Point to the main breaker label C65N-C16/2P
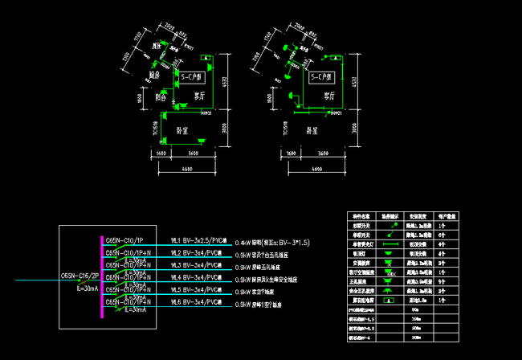pos(80,278)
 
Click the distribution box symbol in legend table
pos(390,301)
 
